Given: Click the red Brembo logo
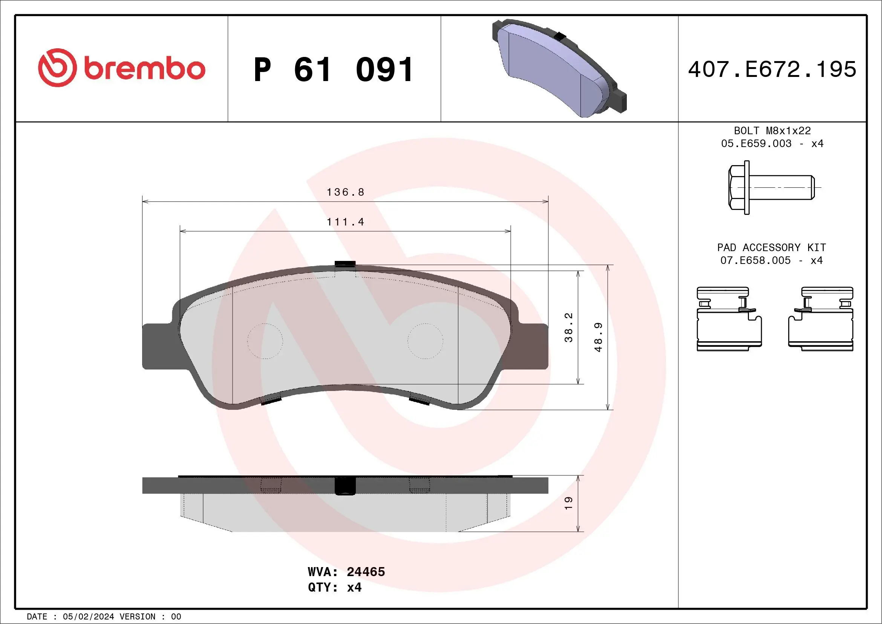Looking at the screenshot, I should (x=121, y=68).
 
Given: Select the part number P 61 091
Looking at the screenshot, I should (x=334, y=70).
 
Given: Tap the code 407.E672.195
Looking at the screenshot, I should (x=772, y=69).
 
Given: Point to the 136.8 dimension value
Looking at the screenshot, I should (x=345, y=192).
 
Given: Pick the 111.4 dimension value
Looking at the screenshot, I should (x=345, y=222).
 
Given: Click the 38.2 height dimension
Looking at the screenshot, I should (x=568, y=327).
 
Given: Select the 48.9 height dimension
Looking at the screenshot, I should (x=598, y=337).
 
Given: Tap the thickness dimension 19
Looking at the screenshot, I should (x=568, y=503).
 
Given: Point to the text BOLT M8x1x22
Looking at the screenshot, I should (x=772, y=130).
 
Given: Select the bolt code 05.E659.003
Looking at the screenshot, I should (x=756, y=144).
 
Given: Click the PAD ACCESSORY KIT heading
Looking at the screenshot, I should (x=771, y=247).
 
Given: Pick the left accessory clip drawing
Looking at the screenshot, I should (x=728, y=319).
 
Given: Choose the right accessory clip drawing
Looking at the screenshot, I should (x=821, y=319).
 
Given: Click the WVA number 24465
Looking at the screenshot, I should (x=365, y=572).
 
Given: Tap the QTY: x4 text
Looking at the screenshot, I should (x=335, y=587).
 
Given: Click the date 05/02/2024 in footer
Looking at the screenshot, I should (x=88, y=617).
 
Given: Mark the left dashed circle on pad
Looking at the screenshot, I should (x=265, y=341).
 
